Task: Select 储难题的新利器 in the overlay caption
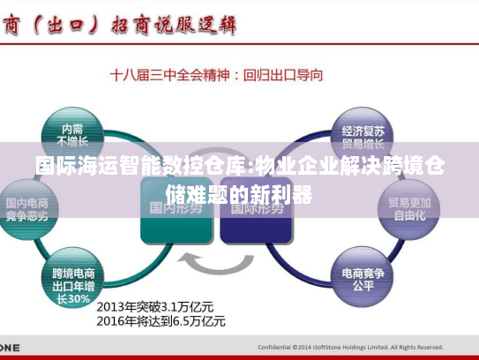[238, 193]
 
